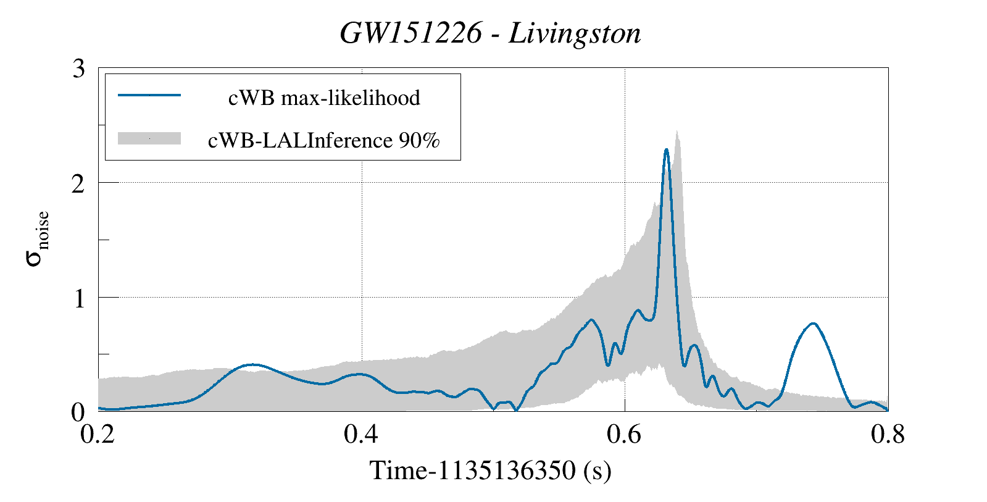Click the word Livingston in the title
pyautogui.click(x=575, y=33)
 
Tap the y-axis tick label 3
pyautogui.click(x=78, y=69)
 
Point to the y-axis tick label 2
pyautogui.click(x=78, y=183)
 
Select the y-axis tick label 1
pyautogui.click(x=78, y=298)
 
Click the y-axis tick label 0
pyautogui.click(x=78, y=412)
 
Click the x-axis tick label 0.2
pyautogui.click(x=98, y=435)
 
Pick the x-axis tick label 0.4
pyautogui.click(x=361, y=435)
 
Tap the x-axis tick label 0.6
pyautogui.click(x=625, y=435)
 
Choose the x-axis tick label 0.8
pyautogui.click(x=888, y=435)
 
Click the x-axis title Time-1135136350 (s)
pyautogui.click(x=490, y=471)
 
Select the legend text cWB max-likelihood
pyautogui.click(x=324, y=98)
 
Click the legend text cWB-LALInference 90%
pyautogui.click(x=324, y=141)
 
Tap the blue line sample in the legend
pyautogui.click(x=149, y=95)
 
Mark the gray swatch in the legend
pyautogui.click(x=149, y=138)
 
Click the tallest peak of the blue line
pyautogui.click(x=666, y=149)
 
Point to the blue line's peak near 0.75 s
pyautogui.click(x=814, y=324)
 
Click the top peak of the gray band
pyautogui.click(x=677, y=132)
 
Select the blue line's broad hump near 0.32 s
pyautogui.click(x=252, y=365)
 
